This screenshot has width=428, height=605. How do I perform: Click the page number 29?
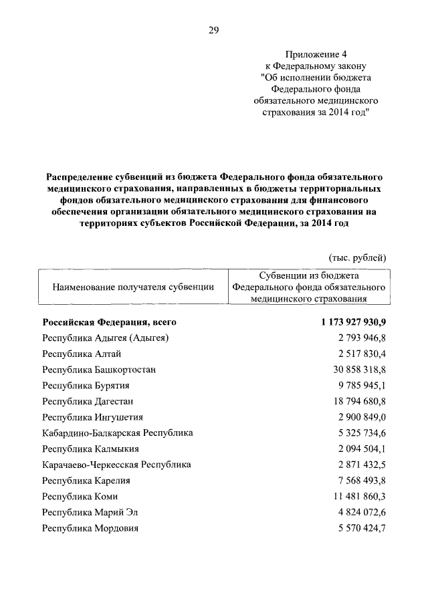[x=214, y=30]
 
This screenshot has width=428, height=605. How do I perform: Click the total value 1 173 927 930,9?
[x=353, y=322]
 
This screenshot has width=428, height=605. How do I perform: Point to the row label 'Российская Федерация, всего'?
[x=109, y=322]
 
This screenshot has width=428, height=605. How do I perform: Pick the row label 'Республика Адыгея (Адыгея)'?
[x=105, y=338]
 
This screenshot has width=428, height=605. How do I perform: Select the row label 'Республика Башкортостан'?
[x=100, y=370]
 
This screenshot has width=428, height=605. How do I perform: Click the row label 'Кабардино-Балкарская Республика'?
[x=117, y=433]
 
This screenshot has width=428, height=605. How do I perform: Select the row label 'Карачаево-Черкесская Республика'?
[x=116, y=465]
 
